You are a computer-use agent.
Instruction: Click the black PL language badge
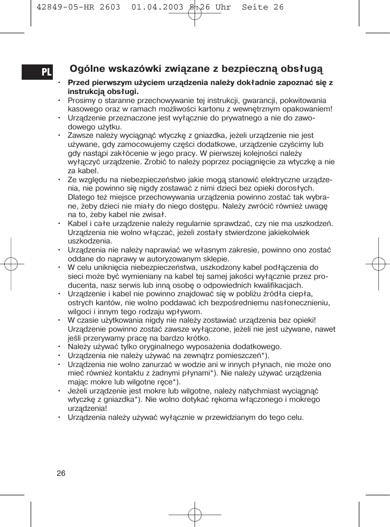point(37,71)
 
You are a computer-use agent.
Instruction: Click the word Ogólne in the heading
point(88,69)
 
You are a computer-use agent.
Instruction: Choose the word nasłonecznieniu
point(299,303)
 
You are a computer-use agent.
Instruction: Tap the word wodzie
point(176,364)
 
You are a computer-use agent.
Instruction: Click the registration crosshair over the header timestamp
point(195,11)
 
